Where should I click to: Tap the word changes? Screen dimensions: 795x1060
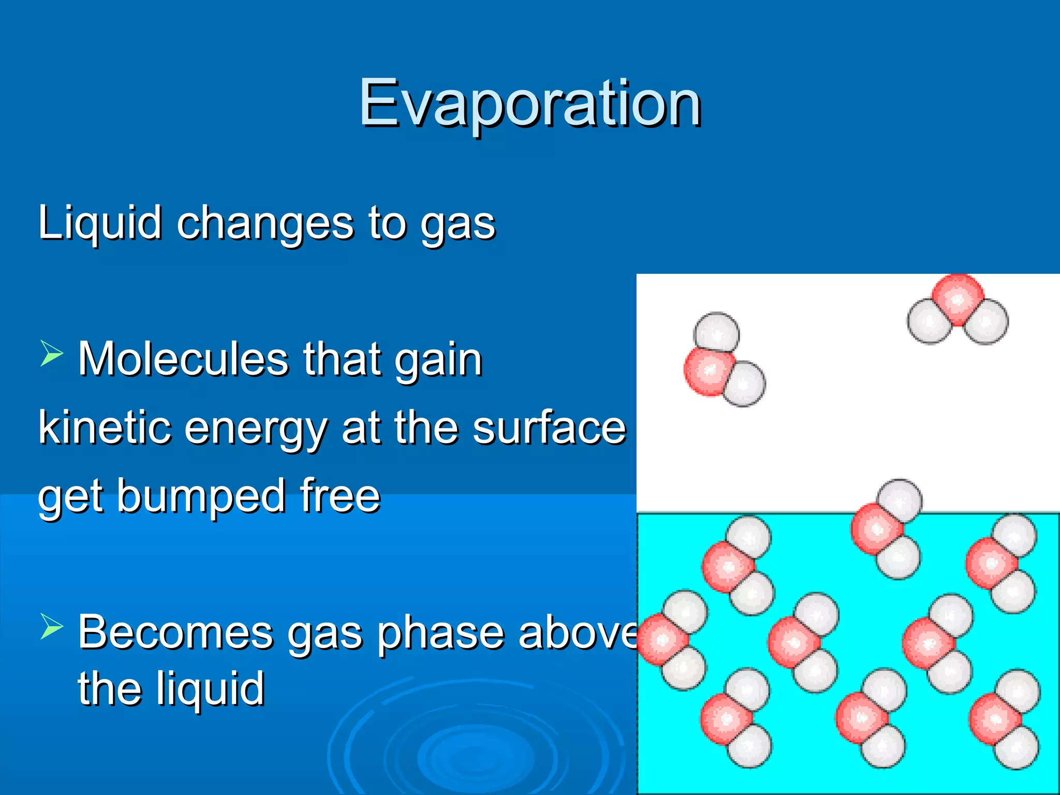[x=266, y=224]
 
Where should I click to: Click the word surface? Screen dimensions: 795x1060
[x=549, y=428]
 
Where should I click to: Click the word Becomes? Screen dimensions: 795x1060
[x=175, y=632]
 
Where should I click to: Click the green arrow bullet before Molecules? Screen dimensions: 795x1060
[x=51, y=355]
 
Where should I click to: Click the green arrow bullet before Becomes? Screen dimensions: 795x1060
[x=51, y=627]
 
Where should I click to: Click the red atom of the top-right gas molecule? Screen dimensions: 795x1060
[x=958, y=299]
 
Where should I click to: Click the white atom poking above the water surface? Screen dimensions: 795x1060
[x=901, y=501]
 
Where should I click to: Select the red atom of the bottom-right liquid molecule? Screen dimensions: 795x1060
[x=994, y=719]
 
